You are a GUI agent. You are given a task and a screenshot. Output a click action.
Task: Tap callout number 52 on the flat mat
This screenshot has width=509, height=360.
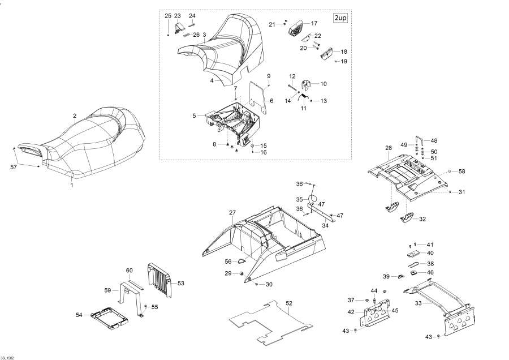[x=289, y=303]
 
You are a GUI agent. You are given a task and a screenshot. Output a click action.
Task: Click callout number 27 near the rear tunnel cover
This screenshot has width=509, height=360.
[x=232, y=213]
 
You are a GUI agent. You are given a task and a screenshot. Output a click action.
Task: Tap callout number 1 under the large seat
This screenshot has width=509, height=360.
[x=71, y=185]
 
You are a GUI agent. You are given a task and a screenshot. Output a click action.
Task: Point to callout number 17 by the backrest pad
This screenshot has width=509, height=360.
[x=314, y=23]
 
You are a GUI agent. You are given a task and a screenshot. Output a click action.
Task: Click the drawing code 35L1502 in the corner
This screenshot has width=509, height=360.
[x=8, y=357]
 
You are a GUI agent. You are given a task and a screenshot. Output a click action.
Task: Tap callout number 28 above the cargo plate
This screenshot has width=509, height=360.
[x=389, y=148]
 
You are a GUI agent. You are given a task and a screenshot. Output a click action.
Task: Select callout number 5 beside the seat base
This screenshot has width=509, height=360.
[x=194, y=115]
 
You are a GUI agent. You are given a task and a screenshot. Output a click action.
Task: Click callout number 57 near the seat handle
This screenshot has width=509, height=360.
[x=14, y=168]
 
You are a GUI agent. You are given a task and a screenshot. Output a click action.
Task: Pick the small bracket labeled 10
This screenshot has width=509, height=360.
[x=309, y=85]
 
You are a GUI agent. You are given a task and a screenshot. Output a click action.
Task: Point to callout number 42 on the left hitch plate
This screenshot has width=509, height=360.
[x=351, y=312]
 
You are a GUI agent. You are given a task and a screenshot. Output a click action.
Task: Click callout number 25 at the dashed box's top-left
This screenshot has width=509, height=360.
[x=167, y=15]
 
